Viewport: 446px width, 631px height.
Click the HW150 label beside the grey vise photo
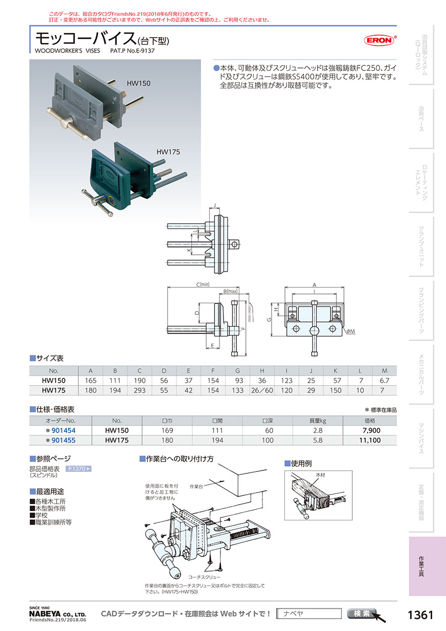pos(139,84)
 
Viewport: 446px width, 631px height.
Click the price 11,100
pos(369,440)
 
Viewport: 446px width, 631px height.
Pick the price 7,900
pos(371,430)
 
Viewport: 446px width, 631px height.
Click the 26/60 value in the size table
pos(262,390)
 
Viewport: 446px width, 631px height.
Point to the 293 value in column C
pos(140,390)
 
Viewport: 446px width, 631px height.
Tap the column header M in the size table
pos(384,370)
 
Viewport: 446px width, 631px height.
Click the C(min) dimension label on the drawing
pos(203,285)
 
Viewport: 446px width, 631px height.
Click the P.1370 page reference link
pos(79,468)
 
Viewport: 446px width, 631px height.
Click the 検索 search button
pos(362,614)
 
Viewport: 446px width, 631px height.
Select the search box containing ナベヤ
pos(309,614)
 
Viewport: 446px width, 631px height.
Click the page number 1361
pos(420,615)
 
